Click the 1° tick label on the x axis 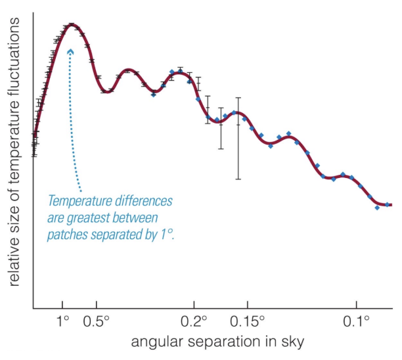click(x=63, y=323)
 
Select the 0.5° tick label click(x=97, y=323)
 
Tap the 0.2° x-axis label click(x=195, y=323)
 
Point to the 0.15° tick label click(x=248, y=323)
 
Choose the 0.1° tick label click(x=357, y=323)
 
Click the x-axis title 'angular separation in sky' click(x=217, y=342)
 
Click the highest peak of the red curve click(x=72, y=25)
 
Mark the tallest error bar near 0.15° click(x=238, y=138)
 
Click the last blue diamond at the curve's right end click(x=388, y=204)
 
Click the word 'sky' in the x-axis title click(x=292, y=342)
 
